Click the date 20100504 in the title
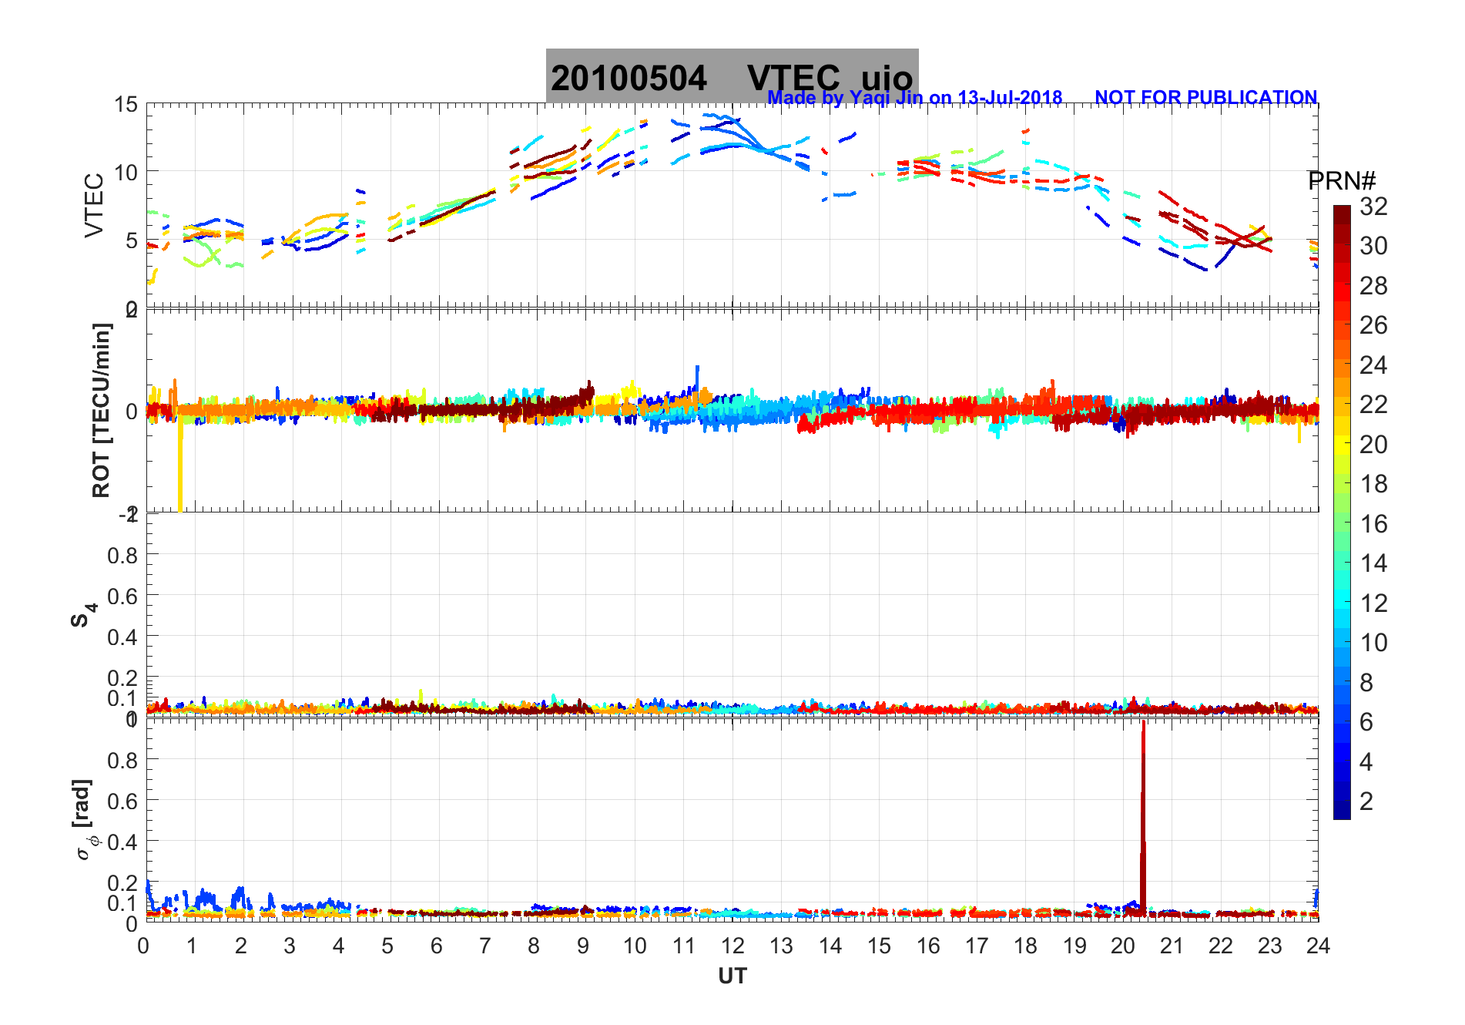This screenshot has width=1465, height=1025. click(629, 79)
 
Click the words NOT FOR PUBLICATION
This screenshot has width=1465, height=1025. click(1205, 98)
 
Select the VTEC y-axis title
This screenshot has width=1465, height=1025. click(94, 205)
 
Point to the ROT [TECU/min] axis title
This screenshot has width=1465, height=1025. click(101, 410)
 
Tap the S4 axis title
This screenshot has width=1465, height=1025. click(82, 615)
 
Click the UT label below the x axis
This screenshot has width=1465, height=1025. click(732, 976)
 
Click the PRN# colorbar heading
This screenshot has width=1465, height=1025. click(1341, 181)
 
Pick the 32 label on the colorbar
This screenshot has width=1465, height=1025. click(1373, 207)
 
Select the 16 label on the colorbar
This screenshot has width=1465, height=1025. click(1373, 524)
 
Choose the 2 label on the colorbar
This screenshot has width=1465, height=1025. click(1366, 802)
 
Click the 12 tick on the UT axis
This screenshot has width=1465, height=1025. click(732, 946)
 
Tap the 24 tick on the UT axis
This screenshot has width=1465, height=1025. click(1318, 946)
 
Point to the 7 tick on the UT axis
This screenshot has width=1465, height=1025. click(485, 946)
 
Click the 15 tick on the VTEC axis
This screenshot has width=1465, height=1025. click(126, 105)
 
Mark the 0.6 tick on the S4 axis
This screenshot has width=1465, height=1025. click(122, 596)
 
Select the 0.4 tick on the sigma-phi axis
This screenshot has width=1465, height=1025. click(122, 842)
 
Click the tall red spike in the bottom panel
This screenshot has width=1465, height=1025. click(1143, 817)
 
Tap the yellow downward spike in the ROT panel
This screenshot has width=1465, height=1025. click(180, 470)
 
